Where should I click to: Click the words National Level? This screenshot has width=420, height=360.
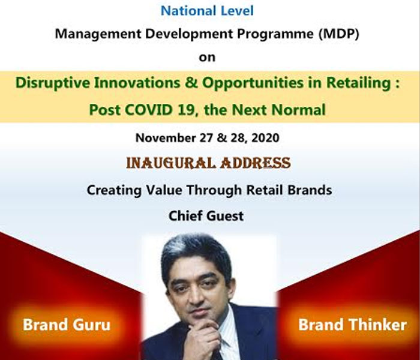click(207, 11)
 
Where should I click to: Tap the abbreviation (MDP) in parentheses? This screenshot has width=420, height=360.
click(338, 34)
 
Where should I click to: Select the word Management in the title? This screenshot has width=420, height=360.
click(98, 34)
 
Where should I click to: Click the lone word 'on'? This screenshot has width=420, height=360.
click(207, 58)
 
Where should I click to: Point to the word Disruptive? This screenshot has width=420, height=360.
click(53, 83)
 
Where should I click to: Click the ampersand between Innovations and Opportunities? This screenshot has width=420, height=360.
click(191, 83)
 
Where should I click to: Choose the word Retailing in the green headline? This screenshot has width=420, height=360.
click(358, 83)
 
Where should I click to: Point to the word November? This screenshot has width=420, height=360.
click(166, 137)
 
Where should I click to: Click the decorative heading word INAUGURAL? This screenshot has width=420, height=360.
click(171, 163)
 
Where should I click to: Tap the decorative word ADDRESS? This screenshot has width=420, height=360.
click(255, 163)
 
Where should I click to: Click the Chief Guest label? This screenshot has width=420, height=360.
click(206, 216)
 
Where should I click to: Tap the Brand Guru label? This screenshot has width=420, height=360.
click(67, 325)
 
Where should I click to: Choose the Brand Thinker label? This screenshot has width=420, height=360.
click(353, 325)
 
